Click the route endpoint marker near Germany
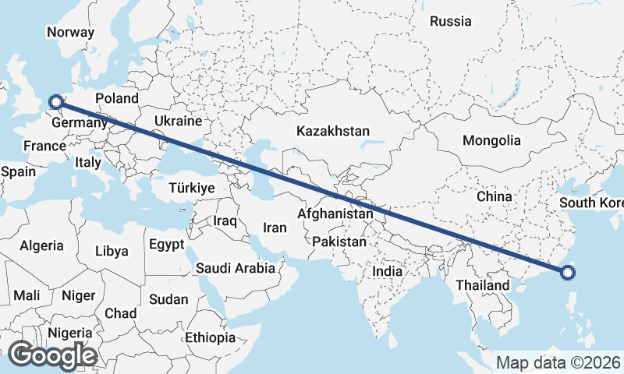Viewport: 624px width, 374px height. tap(55, 101)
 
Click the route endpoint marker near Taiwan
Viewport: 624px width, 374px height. tap(568, 272)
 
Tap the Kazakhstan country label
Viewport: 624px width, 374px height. tap(333, 132)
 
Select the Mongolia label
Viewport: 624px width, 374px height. tap(491, 141)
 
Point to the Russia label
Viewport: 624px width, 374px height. tap(451, 21)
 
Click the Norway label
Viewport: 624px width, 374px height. tap(70, 32)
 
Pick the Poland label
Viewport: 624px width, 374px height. tap(116, 98)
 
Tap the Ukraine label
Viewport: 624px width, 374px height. tap(179, 122)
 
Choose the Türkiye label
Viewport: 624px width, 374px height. tap(192, 188)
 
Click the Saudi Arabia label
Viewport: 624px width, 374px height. tap(236, 268)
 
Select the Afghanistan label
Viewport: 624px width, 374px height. tap(335, 213)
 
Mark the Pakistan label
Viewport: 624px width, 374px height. tap(339, 242)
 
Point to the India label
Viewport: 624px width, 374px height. tap(388, 271)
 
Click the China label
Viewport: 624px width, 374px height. tap(495, 196)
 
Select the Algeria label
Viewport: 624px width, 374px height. tap(41, 245)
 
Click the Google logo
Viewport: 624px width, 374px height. tap(52, 355)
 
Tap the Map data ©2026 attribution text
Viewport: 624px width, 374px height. tap(558, 362)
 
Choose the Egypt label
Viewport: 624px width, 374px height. tap(166, 243)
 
